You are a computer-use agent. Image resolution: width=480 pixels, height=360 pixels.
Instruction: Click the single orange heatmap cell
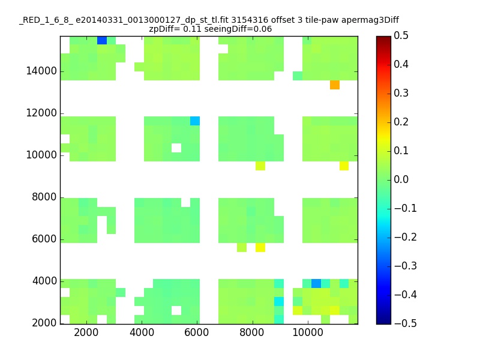(335, 85)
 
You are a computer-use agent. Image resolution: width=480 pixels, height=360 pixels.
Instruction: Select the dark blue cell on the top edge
(102, 40)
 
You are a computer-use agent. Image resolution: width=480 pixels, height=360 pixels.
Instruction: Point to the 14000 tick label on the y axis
(41, 71)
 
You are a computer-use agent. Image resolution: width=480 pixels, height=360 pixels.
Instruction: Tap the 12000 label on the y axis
(41, 113)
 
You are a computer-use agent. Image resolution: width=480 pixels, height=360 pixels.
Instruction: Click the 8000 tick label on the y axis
(44, 197)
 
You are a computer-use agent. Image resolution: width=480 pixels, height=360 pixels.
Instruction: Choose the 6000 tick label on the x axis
(196, 332)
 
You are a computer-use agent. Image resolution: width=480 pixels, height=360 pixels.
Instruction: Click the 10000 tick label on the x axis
(308, 332)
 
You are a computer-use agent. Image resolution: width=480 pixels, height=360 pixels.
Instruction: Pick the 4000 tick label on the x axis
(142, 332)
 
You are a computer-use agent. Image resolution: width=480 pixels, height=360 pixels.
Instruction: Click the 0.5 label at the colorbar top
(401, 35)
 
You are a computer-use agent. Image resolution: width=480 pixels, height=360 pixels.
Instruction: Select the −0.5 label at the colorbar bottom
(406, 323)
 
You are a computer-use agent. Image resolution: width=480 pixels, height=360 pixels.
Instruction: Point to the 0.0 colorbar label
(401, 179)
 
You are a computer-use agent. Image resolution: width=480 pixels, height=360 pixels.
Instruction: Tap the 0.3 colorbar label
(401, 93)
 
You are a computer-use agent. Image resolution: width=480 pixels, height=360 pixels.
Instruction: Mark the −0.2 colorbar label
(406, 237)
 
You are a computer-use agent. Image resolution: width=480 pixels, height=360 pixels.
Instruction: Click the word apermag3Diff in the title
(370, 20)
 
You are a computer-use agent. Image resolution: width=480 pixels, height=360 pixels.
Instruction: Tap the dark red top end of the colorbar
(383, 39)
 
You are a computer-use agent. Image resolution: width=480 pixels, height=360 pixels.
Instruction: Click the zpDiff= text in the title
(164, 29)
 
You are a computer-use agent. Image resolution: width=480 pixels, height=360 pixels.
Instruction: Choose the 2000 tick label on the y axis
(44, 323)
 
